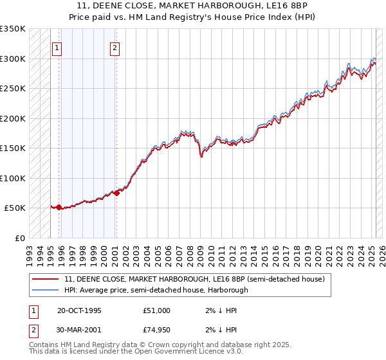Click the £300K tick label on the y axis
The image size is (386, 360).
point(12,59)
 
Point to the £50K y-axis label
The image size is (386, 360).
point(15,208)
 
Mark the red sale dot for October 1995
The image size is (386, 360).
point(59,207)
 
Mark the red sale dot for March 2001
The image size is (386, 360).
point(116,193)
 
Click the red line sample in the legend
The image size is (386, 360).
point(44,280)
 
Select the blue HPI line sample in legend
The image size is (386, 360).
point(44,290)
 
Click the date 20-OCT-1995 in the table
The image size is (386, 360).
point(79,310)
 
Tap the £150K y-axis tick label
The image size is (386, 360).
point(12,148)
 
